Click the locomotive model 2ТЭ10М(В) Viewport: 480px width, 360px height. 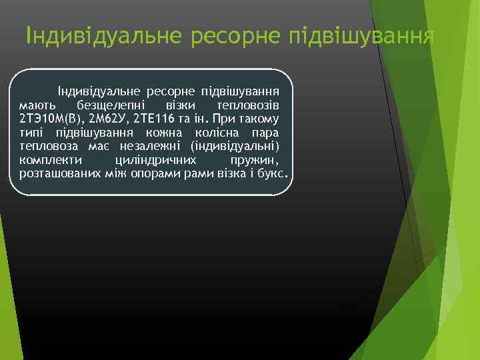click(x=47, y=119)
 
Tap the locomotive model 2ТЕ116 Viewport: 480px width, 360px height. click(x=154, y=119)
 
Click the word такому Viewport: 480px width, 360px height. click(x=258, y=119)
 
